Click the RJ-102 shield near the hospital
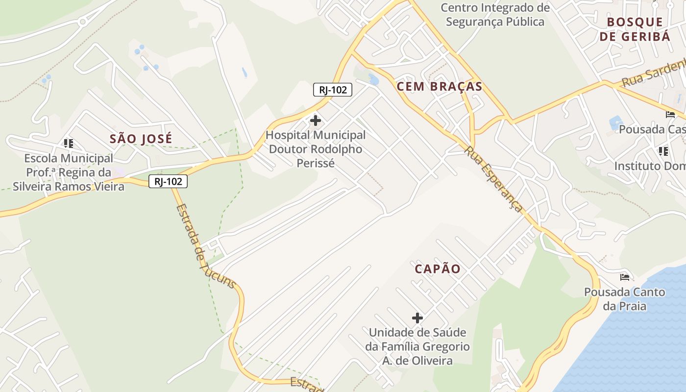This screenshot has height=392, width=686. tap(333, 90)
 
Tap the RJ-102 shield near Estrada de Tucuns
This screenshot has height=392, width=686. tap(168, 181)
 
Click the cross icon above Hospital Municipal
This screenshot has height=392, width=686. tap(316, 120)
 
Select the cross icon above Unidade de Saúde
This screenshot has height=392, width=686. tap(417, 318)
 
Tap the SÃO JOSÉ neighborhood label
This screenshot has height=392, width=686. tap(141, 139)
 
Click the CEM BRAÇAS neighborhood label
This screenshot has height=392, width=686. tap(440, 87)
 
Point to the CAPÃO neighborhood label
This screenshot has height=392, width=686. tap(438, 269)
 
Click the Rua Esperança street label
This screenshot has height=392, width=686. tap(494, 179)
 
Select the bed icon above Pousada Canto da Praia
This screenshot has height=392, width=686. tap(625, 277)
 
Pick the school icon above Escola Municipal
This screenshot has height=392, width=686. tap(69, 144)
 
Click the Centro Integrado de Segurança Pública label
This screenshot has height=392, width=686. tap(495, 15)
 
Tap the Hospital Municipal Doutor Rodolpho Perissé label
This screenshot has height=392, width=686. tap(316, 149)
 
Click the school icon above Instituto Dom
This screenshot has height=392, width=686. tap(663, 151)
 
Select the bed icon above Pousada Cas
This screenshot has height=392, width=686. tap(670, 115)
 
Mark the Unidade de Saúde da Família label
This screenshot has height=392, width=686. tap(417, 346)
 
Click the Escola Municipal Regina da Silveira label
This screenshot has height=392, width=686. tap(69, 172)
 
